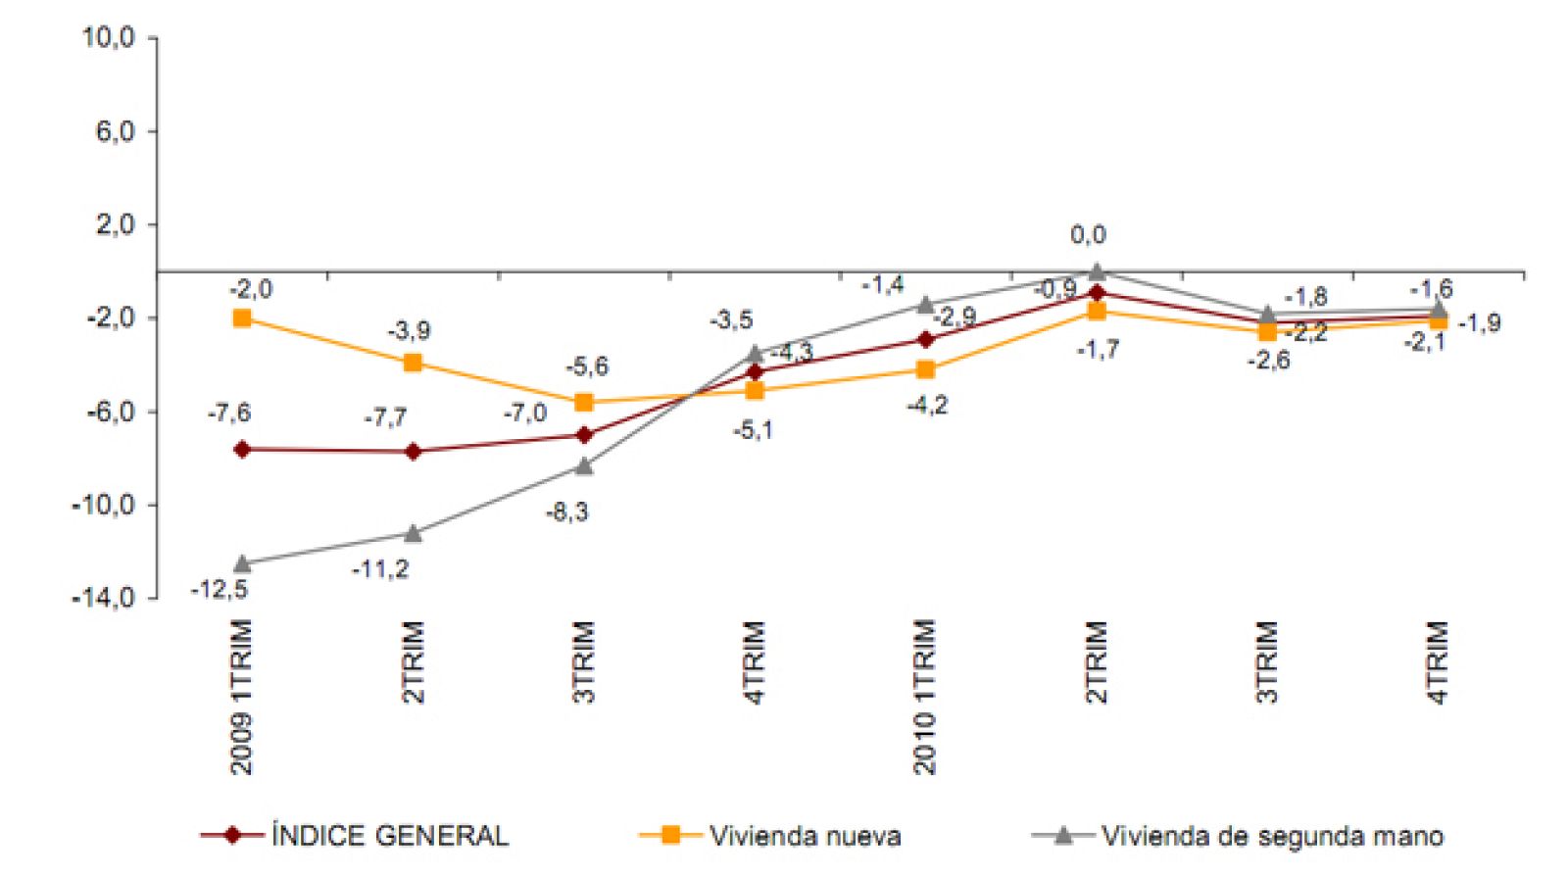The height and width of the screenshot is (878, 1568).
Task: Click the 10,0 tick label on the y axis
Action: (108, 38)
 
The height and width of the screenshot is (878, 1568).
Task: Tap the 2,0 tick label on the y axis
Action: (114, 224)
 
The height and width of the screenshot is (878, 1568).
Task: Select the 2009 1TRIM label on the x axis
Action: (241, 697)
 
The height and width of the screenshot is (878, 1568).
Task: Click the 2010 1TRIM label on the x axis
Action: (924, 697)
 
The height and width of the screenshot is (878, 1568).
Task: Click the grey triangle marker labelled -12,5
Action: (242, 563)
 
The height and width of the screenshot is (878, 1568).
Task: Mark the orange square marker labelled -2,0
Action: (242, 318)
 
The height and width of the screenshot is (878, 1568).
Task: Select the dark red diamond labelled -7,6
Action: (242, 450)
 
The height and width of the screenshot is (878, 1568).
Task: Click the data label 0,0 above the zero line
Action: (1088, 235)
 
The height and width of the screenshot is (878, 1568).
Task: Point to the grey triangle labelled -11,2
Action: (413, 533)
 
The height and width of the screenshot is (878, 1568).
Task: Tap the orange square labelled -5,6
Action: (584, 403)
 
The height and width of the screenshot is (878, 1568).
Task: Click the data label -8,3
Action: (566, 512)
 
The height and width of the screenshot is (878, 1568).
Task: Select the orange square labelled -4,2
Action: (925, 369)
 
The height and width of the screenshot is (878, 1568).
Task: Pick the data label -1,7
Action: (1098, 350)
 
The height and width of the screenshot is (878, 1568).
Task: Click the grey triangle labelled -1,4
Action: (925, 304)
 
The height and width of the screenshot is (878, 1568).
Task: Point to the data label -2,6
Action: (1268, 361)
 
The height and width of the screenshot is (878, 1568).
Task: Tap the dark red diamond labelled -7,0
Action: (584, 435)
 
